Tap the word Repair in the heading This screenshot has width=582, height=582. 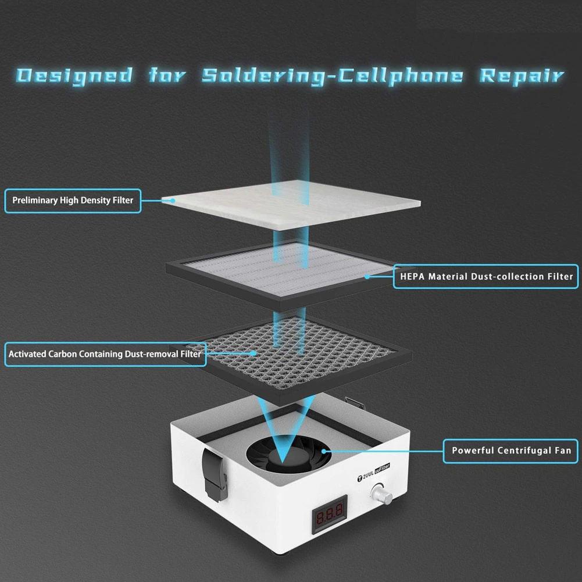point(521,76)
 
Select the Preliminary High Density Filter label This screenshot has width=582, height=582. point(73,201)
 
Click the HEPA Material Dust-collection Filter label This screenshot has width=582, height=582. point(486,277)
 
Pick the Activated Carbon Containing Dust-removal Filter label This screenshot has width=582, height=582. point(105,354)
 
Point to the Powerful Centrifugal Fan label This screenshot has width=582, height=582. point(511,451)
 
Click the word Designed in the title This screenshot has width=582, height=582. point(74,76)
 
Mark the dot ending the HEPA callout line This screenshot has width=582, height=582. point(367,277)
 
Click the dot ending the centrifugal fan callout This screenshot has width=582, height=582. point(323,451)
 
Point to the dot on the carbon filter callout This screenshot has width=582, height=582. point(254,353)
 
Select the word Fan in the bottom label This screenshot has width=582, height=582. point(562,451)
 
